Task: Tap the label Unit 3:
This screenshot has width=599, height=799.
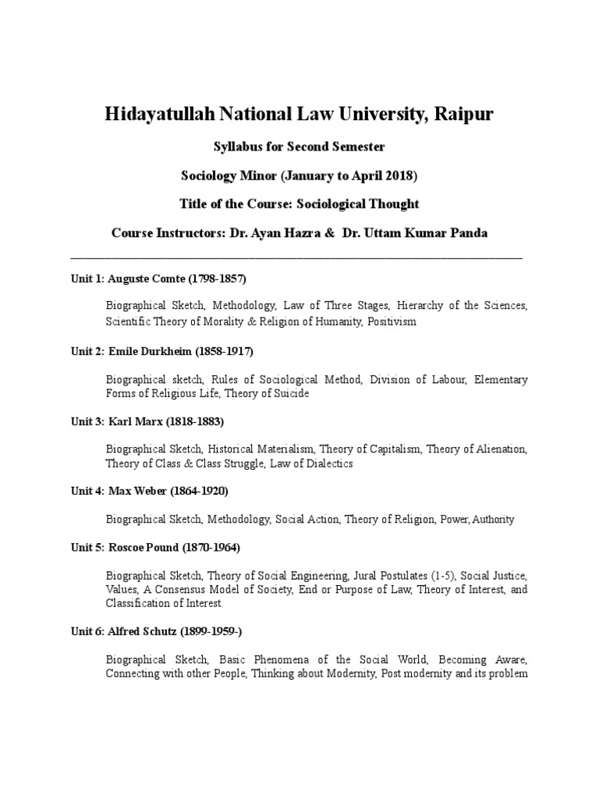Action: (86, 421)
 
